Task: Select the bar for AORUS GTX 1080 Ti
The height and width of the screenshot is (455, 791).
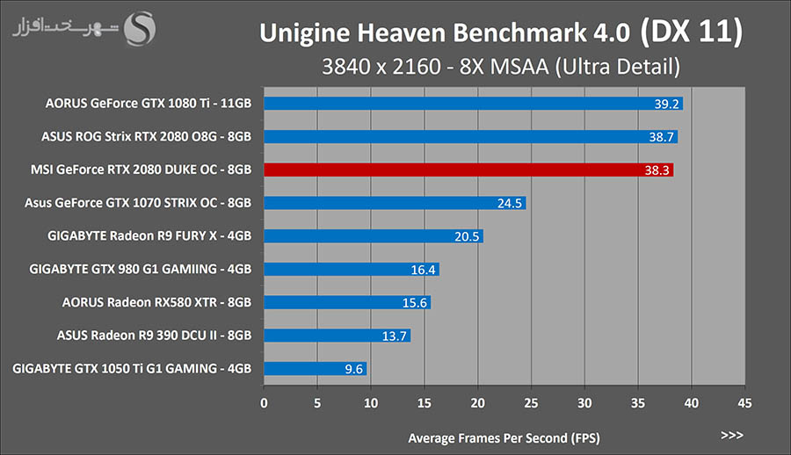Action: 473,104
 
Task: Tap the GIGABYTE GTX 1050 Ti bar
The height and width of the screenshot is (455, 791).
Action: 315,369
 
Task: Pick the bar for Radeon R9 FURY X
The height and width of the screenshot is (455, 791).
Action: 374,236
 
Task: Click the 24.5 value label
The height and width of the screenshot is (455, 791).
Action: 510,204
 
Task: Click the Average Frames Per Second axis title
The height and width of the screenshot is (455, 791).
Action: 504,437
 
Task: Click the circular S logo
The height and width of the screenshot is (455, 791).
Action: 141,29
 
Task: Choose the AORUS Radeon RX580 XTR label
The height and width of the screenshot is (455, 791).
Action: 156,302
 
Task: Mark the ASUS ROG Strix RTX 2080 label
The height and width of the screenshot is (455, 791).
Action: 146,137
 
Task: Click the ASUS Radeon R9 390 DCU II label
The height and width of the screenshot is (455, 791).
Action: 154,336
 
